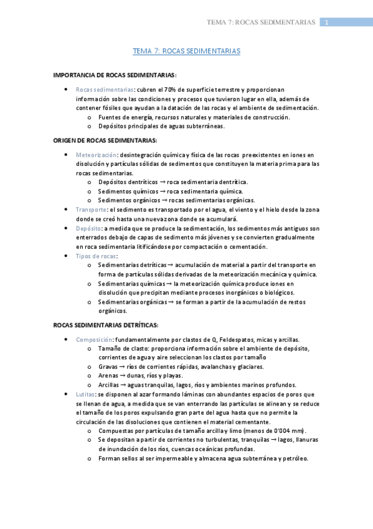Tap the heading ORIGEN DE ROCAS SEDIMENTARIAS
[x=105, y=140]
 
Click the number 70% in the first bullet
[x=171, y=89]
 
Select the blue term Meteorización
[x=96, y=154]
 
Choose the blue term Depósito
[x=89, y=228]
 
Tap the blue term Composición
[x=94, y=339]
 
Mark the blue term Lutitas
[x=86, y=394]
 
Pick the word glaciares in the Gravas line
[x=248, y=367]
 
